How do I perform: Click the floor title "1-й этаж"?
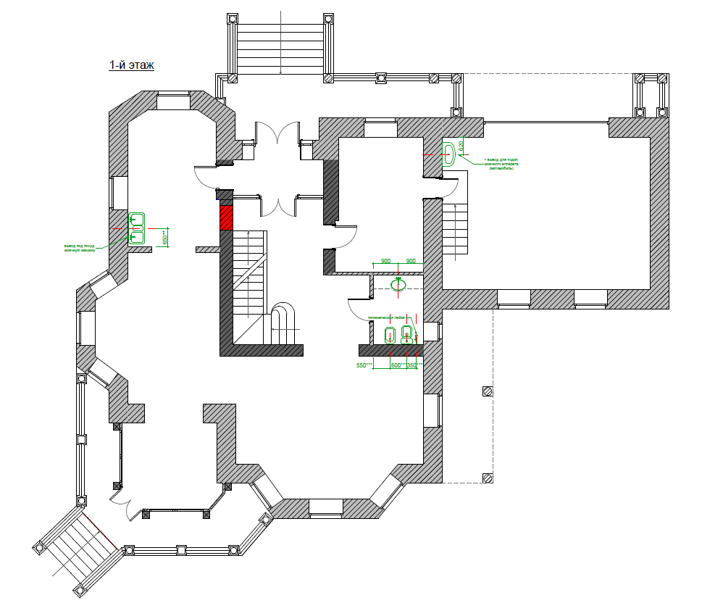pyautogui.click(x=132, y=65)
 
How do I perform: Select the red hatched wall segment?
pyautogui.click(x=226, y=217)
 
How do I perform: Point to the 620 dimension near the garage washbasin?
pyautogui.click(x=461, y=146)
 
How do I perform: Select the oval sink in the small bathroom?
pyautogui.click(x=398, y=284)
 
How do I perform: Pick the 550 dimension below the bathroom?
pyautogui.click(x=363, y=366)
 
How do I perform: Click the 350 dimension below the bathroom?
pyautogui.click(x=412, y=366)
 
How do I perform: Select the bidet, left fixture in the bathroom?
pyautogui.click(x=390, y=334)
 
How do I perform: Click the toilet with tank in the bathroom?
pyautogui.click(x=406, y=333)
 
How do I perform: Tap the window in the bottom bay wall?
pyautogui.click(x=325, y=508)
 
